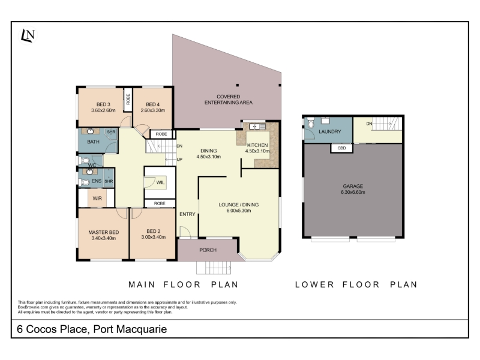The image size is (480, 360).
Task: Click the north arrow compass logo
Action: [x=28, y=36]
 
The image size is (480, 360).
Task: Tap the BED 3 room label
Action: [x=103, y=104]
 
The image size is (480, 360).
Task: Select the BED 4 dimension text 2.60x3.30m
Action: [x=153, y=110]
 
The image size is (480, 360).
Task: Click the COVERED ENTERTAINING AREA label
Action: [x=229, y=100]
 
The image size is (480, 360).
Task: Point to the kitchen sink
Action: [x=257, y=126]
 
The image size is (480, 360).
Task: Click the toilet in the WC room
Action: [x=84, y=160]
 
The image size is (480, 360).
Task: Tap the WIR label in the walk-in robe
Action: [x=97, y=199]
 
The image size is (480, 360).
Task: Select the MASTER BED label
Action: [x=103, y=232]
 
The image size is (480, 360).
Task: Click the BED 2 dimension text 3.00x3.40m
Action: [x=154, y=237]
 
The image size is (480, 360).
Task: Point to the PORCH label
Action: [x=208, y=250]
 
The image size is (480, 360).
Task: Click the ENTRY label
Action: [x=187, y=214]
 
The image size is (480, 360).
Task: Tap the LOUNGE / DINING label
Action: [x=239, y=205]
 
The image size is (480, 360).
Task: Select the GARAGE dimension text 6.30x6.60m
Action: [x=353, y=192]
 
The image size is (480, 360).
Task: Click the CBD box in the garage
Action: [x=341, y=148]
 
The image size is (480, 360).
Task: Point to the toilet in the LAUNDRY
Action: [x=311, y=123]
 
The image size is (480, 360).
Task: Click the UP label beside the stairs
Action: [x=179, y=160]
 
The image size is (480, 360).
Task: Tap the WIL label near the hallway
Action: [x=160, y=182]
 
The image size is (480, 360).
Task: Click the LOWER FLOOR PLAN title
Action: [x=356, y=284]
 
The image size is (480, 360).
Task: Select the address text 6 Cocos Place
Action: [x=52, y=329]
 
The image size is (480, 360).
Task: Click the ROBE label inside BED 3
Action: [x=128, y=99]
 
